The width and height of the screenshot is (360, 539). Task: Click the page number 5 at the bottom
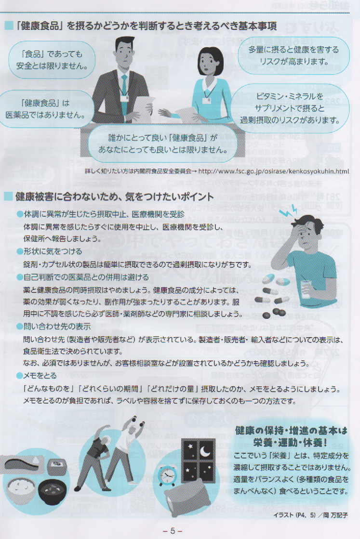pos(173,530)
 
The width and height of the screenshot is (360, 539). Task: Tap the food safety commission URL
pos(274,171)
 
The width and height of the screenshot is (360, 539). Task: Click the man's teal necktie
pos(124,88)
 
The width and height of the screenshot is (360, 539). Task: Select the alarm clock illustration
pos(167,475)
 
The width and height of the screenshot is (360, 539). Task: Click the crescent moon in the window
pos(205,451)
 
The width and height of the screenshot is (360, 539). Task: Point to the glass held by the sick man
pos(306,289)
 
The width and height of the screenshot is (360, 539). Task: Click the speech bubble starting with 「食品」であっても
pos(52,60)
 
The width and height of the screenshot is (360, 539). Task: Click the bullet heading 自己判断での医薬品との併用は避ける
pos(83,277)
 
